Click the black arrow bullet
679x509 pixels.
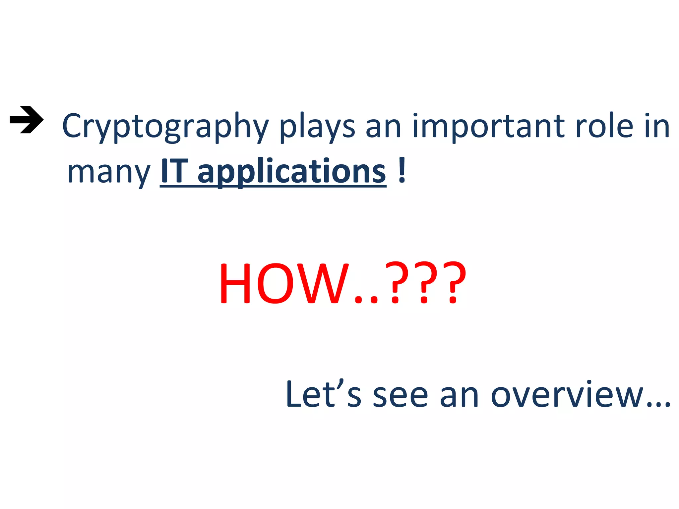pyautogui.click(x=27, y=120)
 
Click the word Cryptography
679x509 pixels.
pyautogui.click(x=165, y=127)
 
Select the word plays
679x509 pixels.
pyautogui.click(x=317, y=127)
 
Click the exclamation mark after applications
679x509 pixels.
pyautogui.click(x=402, y=170)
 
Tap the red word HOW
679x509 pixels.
pyautogui.click(x=284, y=283)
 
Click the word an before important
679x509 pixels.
pyautogui.click(x=383, y=127)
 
